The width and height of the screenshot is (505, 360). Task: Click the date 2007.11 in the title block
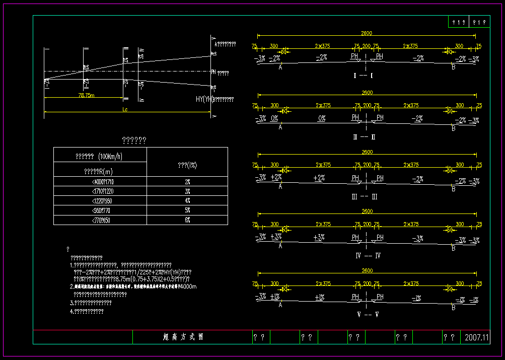(477, 337)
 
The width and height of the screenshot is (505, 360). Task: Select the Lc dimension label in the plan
(125, 108)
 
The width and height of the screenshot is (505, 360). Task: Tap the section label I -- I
(364, 76)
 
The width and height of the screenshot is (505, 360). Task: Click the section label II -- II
(365, 137)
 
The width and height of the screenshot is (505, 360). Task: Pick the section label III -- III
(365, 197)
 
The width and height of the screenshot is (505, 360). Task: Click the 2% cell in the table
(187, 182)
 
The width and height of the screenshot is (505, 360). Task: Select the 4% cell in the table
(187, 201)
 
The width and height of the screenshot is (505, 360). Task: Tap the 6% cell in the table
(187, 220)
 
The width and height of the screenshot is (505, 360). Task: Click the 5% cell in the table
(187, 210)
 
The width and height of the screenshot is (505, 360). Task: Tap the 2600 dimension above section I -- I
(366, 33)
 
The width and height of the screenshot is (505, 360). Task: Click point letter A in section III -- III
(280, 186)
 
